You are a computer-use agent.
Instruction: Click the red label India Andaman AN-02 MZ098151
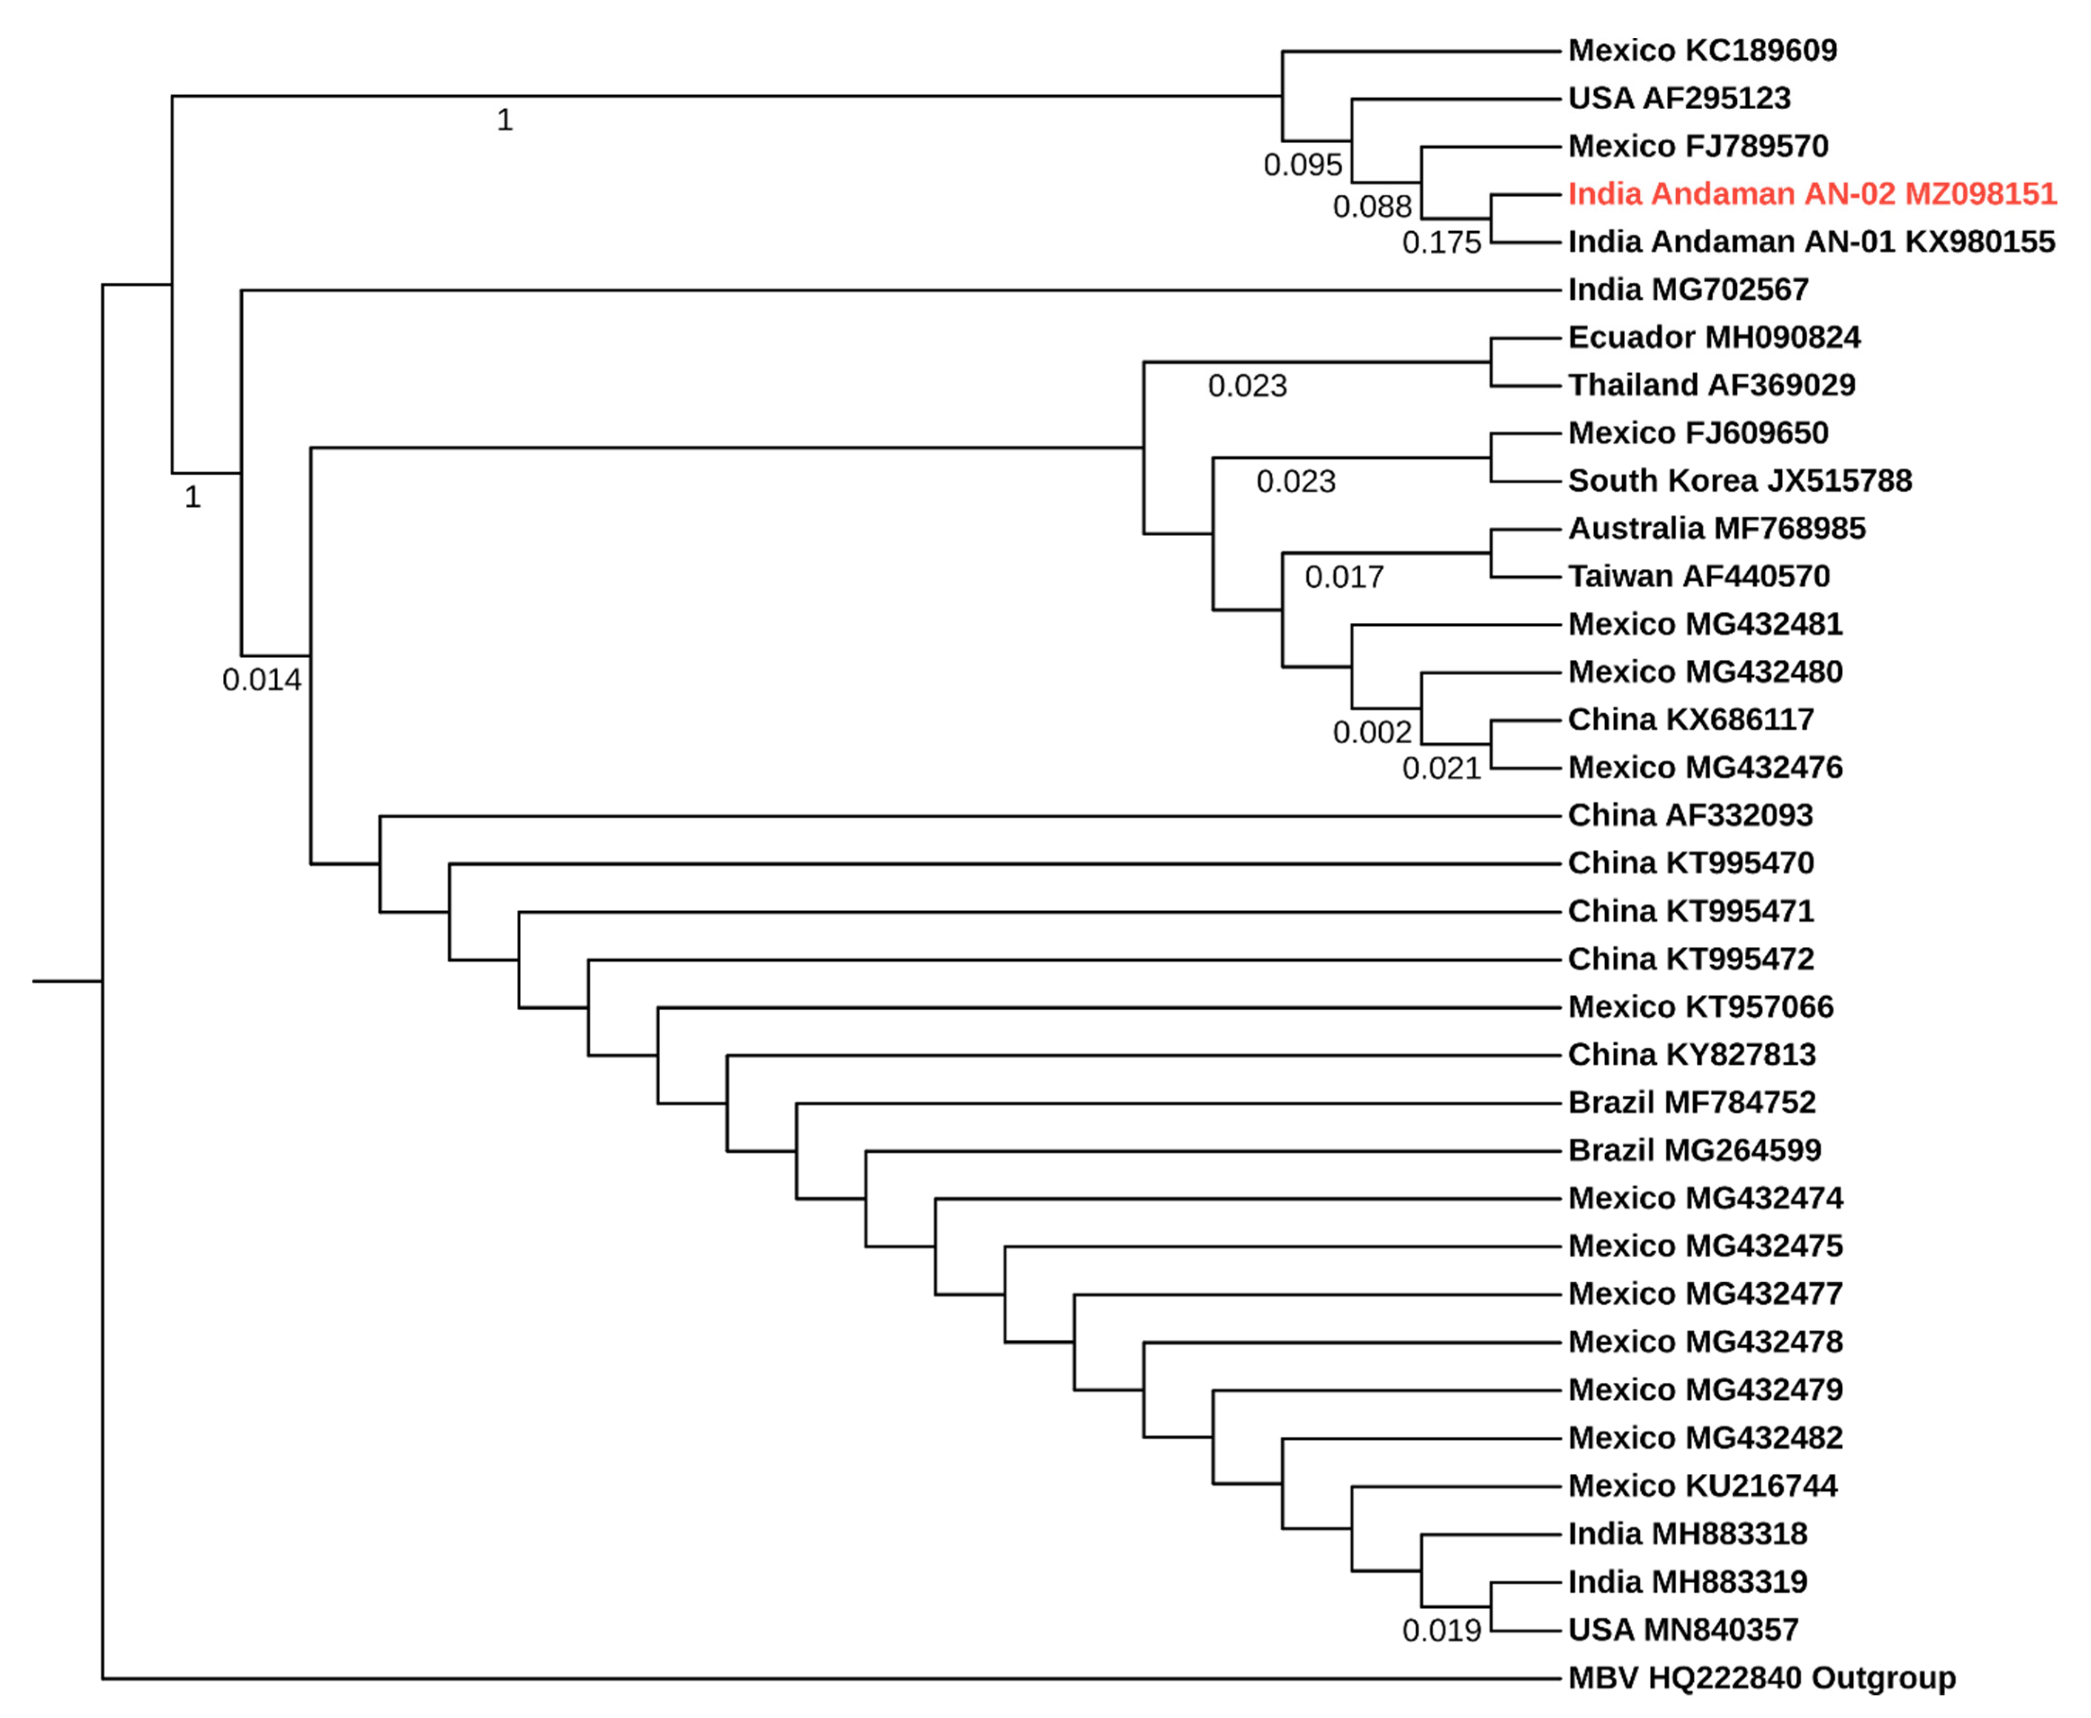[x=1812, y=194]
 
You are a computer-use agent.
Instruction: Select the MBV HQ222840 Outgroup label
[x=1761, y=1678]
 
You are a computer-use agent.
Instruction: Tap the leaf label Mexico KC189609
[x=1702, y=51]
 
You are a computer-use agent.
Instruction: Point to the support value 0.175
[x=1441, y=243]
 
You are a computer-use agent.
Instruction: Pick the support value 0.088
[x=1372, y=207]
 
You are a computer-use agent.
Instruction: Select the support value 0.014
[x=261, y=680]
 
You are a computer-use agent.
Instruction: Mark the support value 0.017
[x=1344, y=577]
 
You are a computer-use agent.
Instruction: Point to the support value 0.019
[x=1441, y=1631]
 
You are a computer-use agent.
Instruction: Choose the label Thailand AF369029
[x=1711, y=385]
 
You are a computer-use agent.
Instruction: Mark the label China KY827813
[x=1691, y=1055]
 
